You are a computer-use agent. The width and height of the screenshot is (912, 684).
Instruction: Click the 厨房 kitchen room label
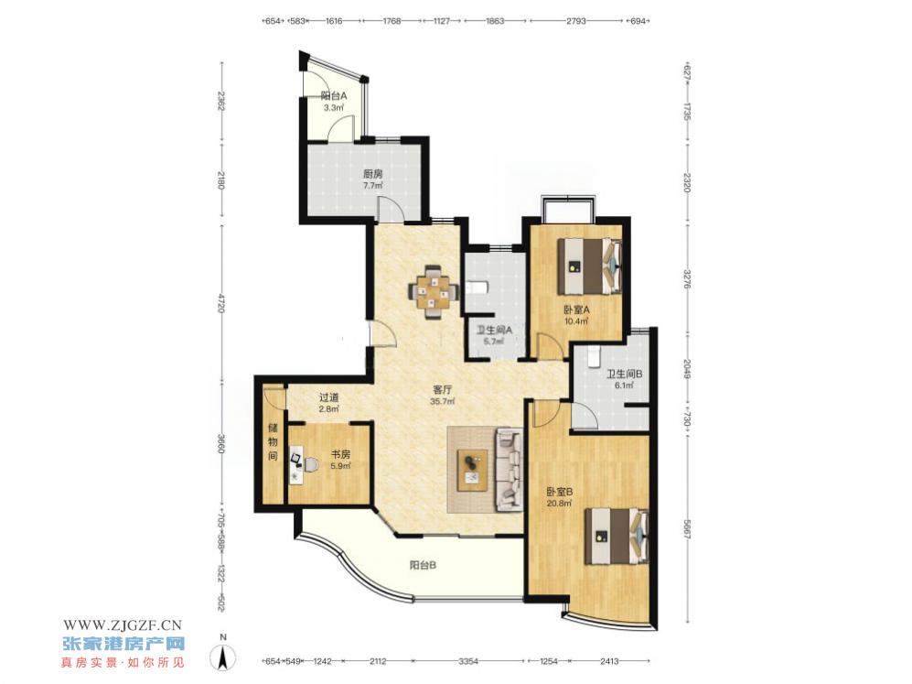(373, 173)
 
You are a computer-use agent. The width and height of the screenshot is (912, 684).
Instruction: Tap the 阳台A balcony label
(334, 96)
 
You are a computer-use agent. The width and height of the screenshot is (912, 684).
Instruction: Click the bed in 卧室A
(590, 266)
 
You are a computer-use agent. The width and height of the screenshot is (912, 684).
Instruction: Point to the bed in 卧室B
(617, 536)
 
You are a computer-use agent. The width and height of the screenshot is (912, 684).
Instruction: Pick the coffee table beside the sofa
(473, 471)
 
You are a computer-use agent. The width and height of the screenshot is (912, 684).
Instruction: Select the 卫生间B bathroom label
(624, 375)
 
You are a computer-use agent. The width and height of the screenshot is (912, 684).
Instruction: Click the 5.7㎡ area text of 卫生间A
(494, 342)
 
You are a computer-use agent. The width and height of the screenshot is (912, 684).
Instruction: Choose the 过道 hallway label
(328, 397)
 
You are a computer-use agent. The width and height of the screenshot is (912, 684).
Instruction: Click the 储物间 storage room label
(273, 442)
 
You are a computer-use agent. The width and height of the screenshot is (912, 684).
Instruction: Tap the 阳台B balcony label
(423, 565)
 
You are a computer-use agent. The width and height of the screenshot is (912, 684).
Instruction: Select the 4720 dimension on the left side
(221, 304)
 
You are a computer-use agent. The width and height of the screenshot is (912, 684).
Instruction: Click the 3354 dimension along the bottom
(468, 661)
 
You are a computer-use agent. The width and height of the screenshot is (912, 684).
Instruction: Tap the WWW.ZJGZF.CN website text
(123, 625)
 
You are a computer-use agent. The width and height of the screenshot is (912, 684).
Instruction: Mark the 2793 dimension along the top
(575, 21)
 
